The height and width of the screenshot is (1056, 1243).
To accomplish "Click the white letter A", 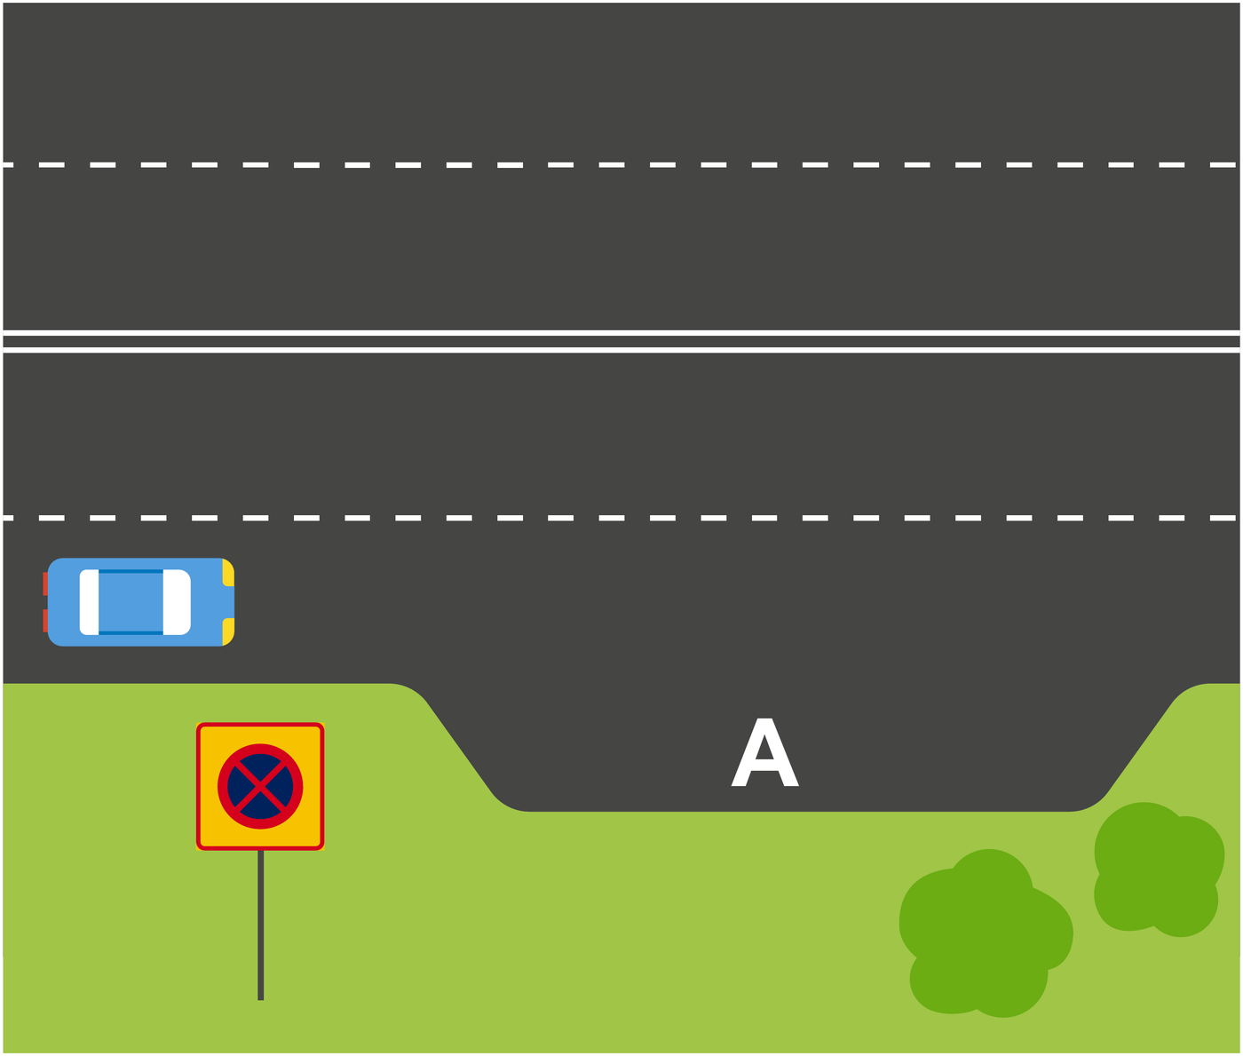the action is (764, 752).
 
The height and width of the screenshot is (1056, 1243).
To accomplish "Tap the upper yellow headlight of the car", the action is (228, 572).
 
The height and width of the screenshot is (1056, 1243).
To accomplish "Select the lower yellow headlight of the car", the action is (228, 631).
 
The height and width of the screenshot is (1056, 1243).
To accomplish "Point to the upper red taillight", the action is (45, 584).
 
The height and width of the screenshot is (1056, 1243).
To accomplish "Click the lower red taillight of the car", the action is (45, 620).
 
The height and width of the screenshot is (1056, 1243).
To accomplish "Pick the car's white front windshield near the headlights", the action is (177, 601).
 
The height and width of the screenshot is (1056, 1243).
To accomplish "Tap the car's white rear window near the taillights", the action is (89, 601).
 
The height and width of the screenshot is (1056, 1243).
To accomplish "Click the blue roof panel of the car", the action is (131, 601).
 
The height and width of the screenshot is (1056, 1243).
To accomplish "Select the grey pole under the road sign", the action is (260, 925).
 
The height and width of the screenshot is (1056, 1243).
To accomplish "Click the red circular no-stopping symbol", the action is (260, 743).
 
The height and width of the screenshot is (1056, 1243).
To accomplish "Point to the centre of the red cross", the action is (260, 786).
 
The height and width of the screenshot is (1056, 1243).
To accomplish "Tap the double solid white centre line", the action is (621, 340).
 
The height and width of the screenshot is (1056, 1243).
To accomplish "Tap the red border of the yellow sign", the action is (197, 786).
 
